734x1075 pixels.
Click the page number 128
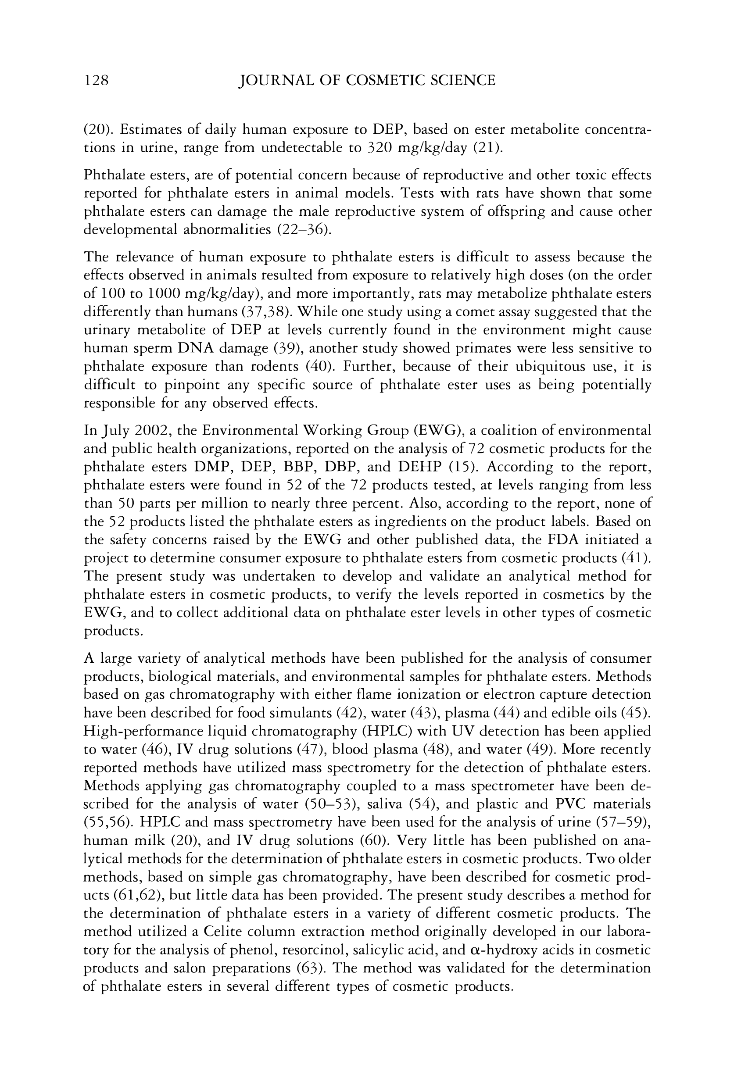click(96, 81)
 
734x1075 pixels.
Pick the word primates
click(476, 348)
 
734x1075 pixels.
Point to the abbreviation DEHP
click(420, 467)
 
